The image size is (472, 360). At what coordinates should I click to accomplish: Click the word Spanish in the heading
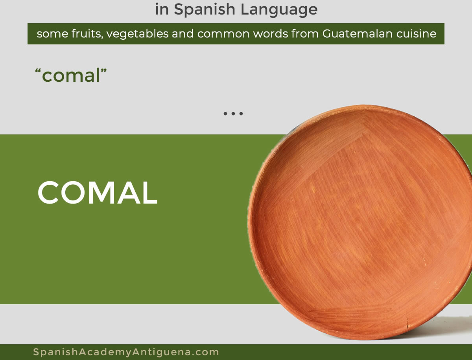pyautogui.click(x=204, y=10)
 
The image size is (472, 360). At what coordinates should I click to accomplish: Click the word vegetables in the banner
pyautogui.click(x=137, y=34)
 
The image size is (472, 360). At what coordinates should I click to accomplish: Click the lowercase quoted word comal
pyautogui.click(x=71, y=75)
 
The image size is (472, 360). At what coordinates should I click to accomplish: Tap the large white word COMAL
pyautogui.click(x=98, y=192)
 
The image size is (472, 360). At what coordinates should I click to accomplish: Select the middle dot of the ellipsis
pyautogui.click(x=233, y=114)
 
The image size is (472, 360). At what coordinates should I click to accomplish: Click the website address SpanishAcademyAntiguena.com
pyautogui.click(x=126, y=352)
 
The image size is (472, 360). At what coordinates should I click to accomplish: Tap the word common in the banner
pyautogui.click(x=223, y=34)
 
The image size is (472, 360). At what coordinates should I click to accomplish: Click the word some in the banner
pyautogui.click(x=52, y=34)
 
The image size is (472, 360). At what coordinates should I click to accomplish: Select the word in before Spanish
pyautogui.click(x=162, y=10)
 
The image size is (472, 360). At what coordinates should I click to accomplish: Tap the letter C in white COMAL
pyautogui.click(x=48, y=193)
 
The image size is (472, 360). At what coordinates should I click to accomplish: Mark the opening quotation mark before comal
pyautogui.click(x=38, y=71)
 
